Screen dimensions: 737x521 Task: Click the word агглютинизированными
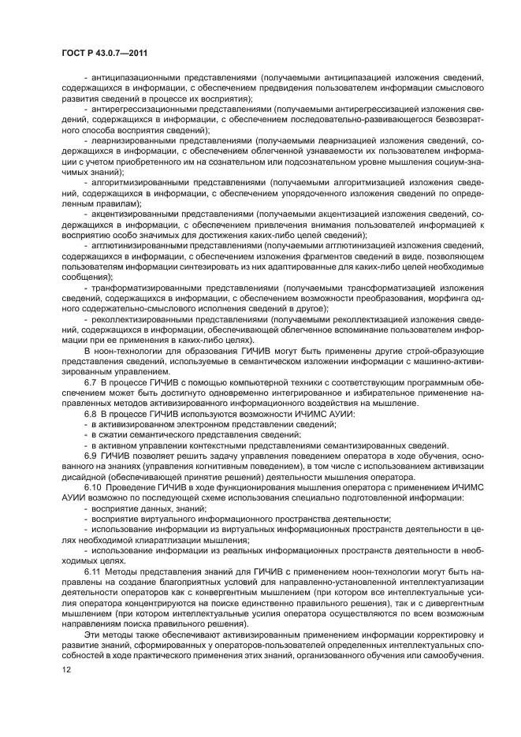pos(141,244)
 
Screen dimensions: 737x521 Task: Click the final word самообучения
pos(448,653)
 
